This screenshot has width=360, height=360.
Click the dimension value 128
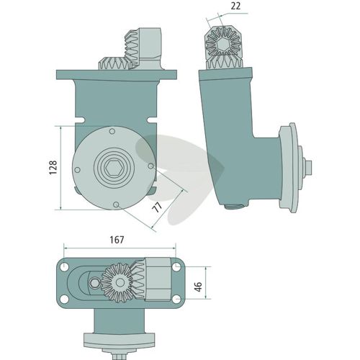pos(53,168)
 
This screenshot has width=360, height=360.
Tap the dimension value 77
pos(157,207)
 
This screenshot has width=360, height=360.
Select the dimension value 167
pos(117,240)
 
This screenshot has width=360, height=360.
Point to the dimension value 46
pos(199,287)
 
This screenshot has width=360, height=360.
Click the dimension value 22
pos(235,6)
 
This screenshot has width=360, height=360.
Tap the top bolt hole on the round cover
pos(112,131)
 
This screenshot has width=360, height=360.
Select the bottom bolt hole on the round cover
pos(116,204)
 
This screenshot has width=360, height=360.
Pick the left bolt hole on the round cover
pos(77,170)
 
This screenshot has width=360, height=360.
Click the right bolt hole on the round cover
pos(150,166)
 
